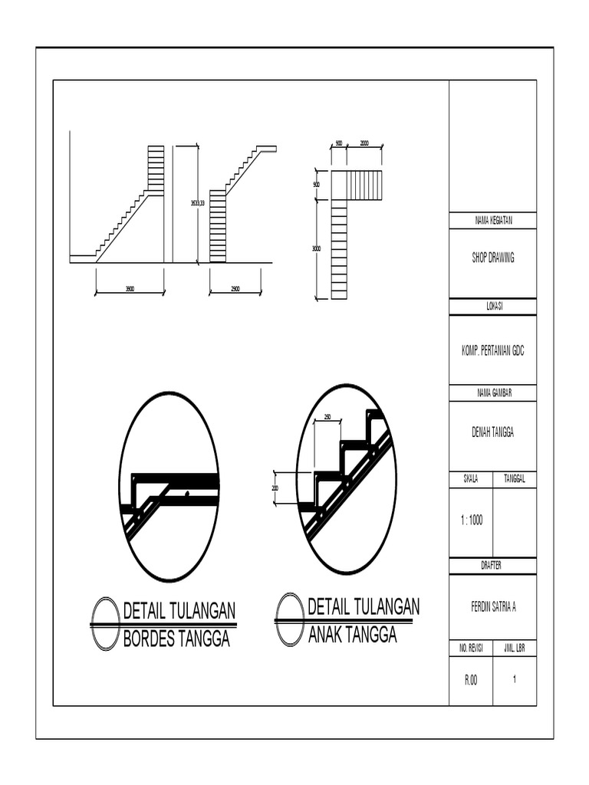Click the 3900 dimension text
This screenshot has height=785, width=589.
click(x=130, y=289)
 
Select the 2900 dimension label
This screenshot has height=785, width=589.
click(x=235, y=289)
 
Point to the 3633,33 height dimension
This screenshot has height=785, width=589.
click(x=198, y=203)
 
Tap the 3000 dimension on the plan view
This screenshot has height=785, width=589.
click(x=316, y=248)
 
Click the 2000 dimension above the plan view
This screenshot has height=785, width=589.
click(x=364, y=143)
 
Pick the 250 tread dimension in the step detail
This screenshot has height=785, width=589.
click(x=327, y=417)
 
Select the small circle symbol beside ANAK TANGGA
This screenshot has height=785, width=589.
click(x=290, y=619)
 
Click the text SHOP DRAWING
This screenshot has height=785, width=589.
click(x=493, y=258)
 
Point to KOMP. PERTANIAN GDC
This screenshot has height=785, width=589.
click(x=493, y=350)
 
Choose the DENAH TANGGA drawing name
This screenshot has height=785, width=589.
click(x=493, y=433)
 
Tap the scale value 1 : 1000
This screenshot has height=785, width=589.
click(x=470, y=520)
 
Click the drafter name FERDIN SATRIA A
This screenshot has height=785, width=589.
click(x=493, y=606)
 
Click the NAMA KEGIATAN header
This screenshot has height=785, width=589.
click(x=493, y=221)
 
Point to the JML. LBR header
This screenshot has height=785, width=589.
click(x=515, y=649)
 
